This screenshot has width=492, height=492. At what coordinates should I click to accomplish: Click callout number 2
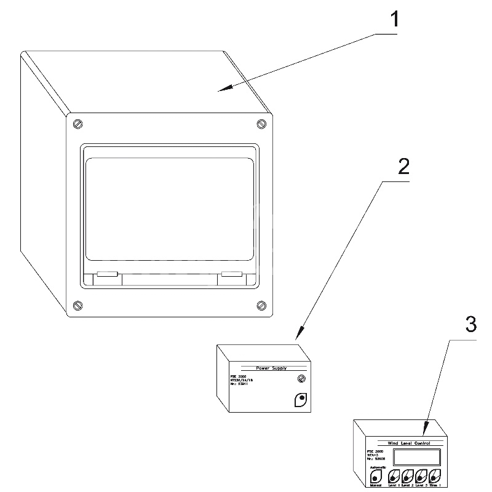(x=403, y=166)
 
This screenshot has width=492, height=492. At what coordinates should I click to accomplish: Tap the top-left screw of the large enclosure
(x=77, y=123)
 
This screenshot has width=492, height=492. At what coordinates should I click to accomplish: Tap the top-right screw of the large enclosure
(x=261, y=123)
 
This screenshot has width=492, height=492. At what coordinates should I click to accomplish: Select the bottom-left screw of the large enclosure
(x=77, y=305)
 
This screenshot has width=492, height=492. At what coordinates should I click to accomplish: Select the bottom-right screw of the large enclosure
(x=261, y=305)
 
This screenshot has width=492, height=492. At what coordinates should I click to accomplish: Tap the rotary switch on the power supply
(x=302, y=400)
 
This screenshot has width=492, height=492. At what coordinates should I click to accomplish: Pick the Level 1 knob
(x=393, y=476)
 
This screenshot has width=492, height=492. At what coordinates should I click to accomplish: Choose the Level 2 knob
(x=407, y=476)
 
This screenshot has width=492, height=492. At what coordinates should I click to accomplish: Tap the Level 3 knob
(x=421, y=476)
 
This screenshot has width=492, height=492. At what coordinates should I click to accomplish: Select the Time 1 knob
(x=435, y=476)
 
